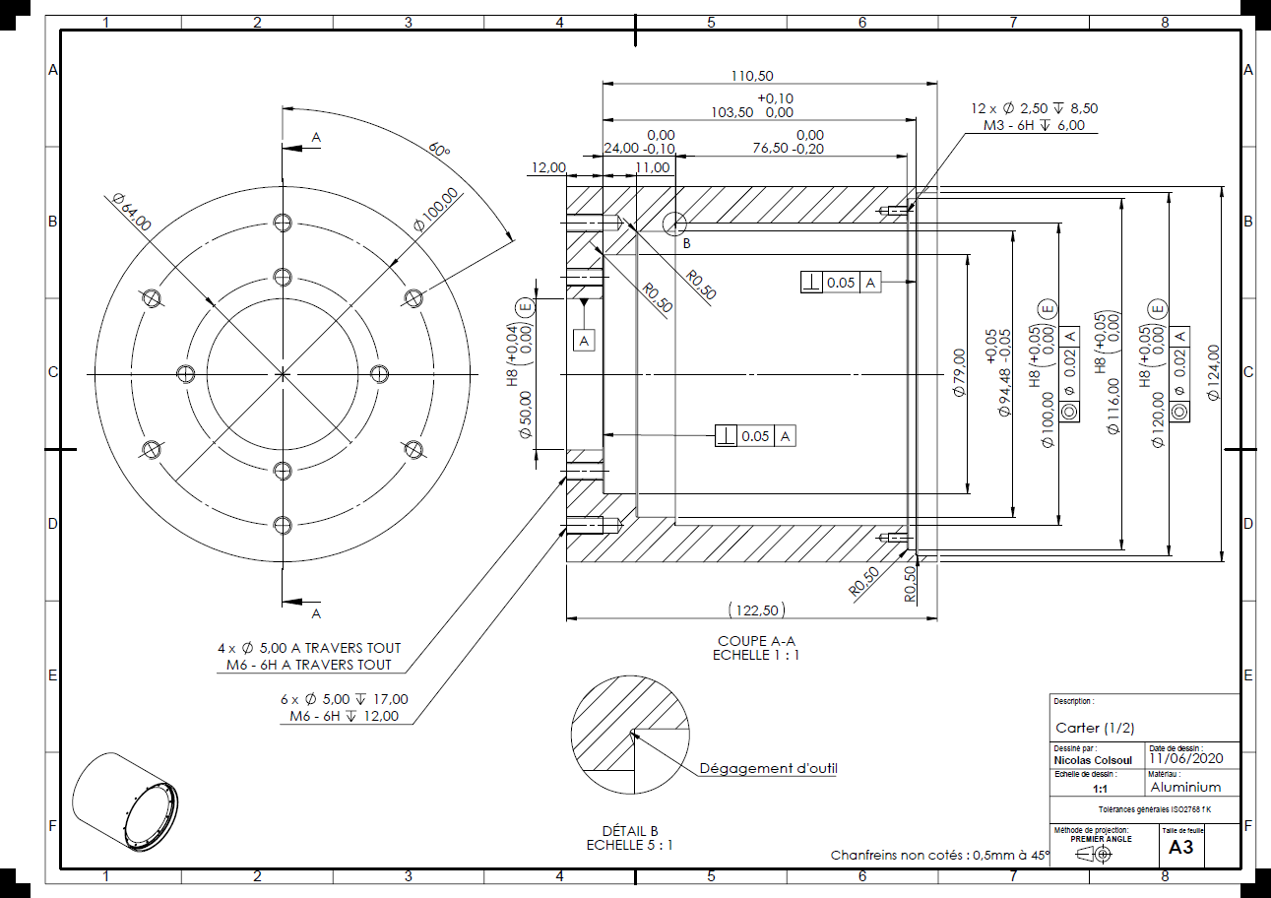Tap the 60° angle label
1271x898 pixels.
tap(438, 150)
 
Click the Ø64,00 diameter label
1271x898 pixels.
tap(132, 213)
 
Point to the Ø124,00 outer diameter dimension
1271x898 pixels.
tap(1213, 372)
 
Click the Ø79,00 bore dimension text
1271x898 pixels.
tap(959, 372)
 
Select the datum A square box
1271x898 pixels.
tap(585, 340)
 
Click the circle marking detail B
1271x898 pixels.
tap(675, 224)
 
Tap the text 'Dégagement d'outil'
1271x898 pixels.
tap(768, 768)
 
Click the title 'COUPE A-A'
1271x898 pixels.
tap(756, 640)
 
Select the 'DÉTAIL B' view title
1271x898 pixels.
tap(630, 831)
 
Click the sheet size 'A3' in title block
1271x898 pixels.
tap(1180, 847)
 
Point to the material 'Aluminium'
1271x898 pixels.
tap(1185, 787)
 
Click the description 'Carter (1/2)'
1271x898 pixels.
tap(1095, 728)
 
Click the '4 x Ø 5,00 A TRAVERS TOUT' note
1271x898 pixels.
tap(309, 648)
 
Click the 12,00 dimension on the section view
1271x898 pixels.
tap(547, 167)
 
